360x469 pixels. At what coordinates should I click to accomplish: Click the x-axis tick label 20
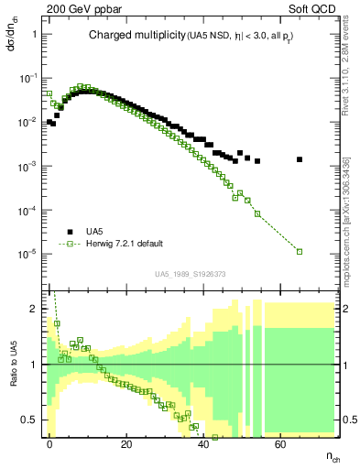coord(126,442)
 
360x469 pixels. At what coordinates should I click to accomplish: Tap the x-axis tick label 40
coord(203,442)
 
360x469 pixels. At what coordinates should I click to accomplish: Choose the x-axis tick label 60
coord(280,442)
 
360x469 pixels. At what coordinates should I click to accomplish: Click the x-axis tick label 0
coord(49,442)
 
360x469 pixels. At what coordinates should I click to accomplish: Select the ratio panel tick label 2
coord(34,309)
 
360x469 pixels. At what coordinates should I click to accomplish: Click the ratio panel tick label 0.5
coord(30,420)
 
